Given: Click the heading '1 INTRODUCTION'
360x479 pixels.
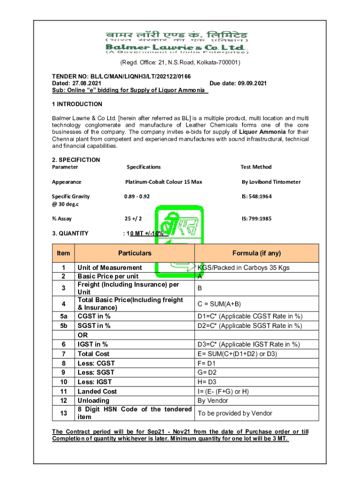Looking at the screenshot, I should pos(77,104).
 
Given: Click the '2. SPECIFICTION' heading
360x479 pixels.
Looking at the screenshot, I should pos(76,160).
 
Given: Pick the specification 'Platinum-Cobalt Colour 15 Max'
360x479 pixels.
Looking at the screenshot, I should pos(164,181).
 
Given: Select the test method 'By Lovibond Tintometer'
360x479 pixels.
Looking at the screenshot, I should pos(271,181).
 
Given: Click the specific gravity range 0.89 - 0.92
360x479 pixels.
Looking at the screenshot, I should pos(137,196).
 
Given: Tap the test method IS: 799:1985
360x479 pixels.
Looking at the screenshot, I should pos(256,218).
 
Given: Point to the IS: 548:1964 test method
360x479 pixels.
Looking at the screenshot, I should pos(256,196).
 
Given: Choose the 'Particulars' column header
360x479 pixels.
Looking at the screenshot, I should pos(135,253).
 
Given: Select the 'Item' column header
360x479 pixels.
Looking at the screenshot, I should pos(63,253).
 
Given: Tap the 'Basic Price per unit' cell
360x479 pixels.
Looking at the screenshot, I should pos(108,276).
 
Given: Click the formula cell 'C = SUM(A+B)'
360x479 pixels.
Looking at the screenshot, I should pos(219,304).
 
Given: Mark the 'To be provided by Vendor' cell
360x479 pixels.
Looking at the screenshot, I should pos(235,413).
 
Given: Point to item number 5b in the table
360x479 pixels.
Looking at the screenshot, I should pos(63,326).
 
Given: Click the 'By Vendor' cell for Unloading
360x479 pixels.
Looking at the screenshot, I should pos(213,400).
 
